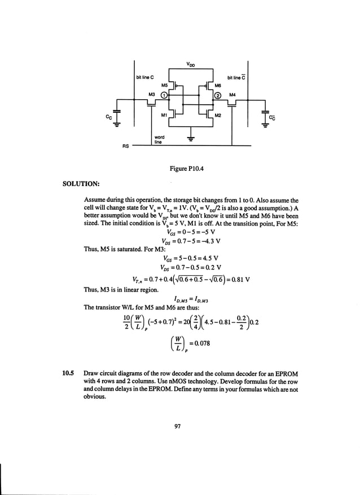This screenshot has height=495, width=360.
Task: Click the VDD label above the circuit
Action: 190,64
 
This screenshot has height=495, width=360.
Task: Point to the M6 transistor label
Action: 217,85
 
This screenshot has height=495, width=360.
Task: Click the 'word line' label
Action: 159,139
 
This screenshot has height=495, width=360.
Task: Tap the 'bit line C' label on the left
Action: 145,77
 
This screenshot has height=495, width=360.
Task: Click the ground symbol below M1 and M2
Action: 191,139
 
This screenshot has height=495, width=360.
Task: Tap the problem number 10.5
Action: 68,373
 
